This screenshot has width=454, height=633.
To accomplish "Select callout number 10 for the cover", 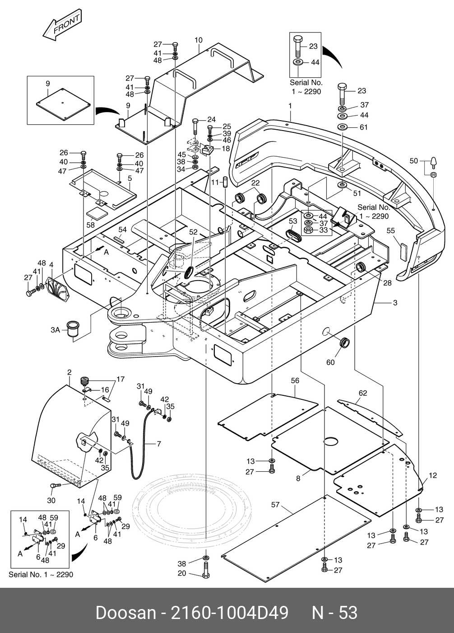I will [x=198, y=40].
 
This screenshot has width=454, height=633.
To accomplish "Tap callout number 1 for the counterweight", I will [x=290, y=106].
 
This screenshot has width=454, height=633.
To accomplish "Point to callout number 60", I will [x=330, y=362].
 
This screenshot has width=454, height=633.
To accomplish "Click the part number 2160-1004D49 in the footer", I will [x=228, y=613].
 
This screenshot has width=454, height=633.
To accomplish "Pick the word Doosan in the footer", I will [x=125, y=613].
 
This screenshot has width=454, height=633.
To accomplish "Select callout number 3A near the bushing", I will [x=55, y=330].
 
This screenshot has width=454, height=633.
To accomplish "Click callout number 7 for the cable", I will [x=159, y=444].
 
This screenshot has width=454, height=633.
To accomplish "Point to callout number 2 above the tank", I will [x=69, y=373].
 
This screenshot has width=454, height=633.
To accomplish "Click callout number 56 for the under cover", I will [x=295, y=381].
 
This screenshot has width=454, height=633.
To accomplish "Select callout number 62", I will [x=363, y=393].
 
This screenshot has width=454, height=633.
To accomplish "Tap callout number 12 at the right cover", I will [x=433, y=475].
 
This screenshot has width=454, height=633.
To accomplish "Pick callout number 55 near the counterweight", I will [x=390, y=231].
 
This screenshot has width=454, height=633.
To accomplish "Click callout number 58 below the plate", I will [x=90, y=225].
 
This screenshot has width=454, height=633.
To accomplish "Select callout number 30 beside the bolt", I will [x=51, y=500].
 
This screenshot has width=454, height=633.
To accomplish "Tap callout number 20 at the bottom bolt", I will [x=182, y=573].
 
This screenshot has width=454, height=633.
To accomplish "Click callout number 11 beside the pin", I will [x=215, y=182].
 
